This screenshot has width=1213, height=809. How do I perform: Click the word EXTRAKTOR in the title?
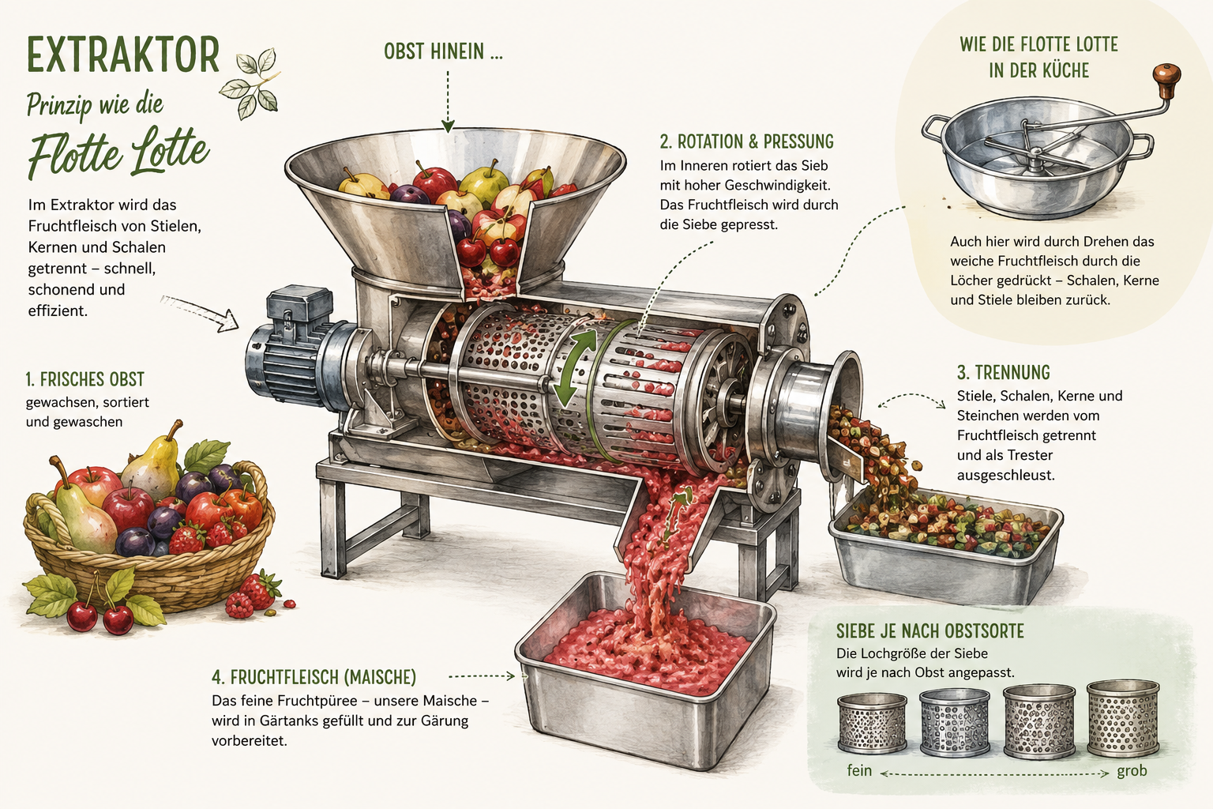(123, 55)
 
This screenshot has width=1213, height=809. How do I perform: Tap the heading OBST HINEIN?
(443, 51)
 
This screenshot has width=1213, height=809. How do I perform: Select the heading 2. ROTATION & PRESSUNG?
(747, 141)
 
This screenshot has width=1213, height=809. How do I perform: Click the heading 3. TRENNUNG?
(1004, 373)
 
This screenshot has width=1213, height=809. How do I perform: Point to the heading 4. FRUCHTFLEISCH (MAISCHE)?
(314, 677)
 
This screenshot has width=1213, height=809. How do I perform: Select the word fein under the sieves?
(859, 770)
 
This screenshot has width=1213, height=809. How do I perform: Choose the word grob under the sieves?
(1132, 770)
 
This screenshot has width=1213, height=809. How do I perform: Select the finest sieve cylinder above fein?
(872, 724)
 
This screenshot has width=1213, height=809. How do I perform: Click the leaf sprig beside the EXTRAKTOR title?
(252, 82)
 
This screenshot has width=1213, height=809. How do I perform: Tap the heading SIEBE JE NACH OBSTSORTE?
(929, 631)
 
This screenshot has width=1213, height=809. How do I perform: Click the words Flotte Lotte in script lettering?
(118, 152)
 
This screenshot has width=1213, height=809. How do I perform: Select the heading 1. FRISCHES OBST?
(85, 379)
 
